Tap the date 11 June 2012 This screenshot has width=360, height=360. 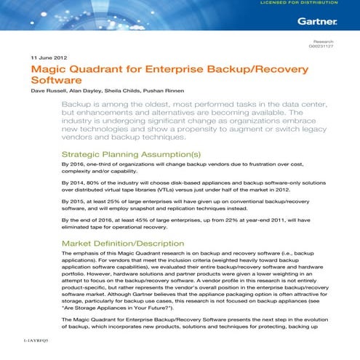point(49,57)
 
